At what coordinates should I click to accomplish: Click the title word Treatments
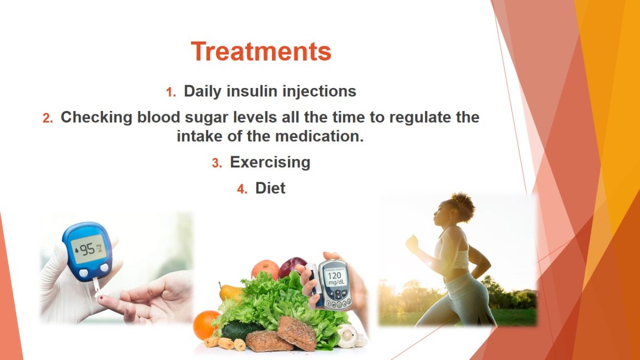point(261,51)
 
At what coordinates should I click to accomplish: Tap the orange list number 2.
point(47,118)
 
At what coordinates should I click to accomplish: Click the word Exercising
point(270,162)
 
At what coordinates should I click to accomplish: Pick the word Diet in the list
point(270,188)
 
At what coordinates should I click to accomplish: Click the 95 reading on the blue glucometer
point(87,249)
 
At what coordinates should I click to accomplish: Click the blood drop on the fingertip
point(101,298)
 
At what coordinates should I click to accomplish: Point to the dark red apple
point(292,267)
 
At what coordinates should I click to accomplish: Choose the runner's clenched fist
point(412,243)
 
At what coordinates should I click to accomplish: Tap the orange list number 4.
point(242,189)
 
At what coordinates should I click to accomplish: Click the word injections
point(319,92)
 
